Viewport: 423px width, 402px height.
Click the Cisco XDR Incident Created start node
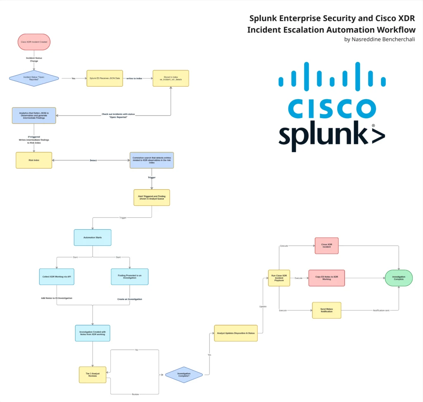[34, 42]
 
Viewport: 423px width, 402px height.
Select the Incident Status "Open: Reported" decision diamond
[34, 78]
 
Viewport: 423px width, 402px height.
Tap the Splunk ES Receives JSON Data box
[105, 78]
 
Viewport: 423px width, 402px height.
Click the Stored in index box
[171, 78]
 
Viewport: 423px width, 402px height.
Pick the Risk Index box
[34, 160]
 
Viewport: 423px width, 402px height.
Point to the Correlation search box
[152, 160]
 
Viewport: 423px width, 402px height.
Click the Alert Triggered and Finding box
[152, 197]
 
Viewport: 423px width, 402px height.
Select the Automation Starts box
[93, 238]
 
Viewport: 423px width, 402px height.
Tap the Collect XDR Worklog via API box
[57, 276]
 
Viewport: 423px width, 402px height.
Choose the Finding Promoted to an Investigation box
[130, 276]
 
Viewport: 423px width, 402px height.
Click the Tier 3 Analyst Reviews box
[93, 374]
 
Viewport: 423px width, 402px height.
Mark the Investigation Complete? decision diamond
[184, 374]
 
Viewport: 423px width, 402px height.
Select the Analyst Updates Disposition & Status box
[236, 333]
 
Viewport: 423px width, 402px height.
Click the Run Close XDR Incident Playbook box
[279, 278]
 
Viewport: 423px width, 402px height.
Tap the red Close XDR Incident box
[326, 245]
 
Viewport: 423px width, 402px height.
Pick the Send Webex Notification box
[326, 310]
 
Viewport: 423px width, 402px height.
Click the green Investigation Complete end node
[399, 278]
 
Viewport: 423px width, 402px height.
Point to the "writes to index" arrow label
[134, 78]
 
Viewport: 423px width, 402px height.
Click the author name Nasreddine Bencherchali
[379, 39]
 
